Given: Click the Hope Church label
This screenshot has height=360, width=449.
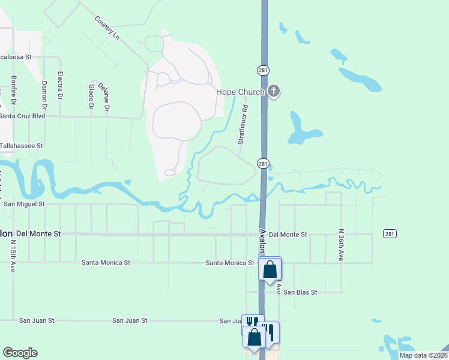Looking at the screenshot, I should pyautogui.click(x=240, y=92).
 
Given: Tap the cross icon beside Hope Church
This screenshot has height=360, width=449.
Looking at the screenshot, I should pyautogui.click(x=274, y=92).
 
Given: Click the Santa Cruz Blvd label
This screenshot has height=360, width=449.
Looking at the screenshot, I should pyautogui.click(x=22, y=116).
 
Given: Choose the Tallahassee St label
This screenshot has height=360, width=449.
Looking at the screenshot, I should pyautogui.click(x=22, y=146).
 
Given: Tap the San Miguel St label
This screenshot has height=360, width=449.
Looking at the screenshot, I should pyautogui.click(x=25, y=204).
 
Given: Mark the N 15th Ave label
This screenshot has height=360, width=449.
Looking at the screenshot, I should pyautogui.click(x=13, y=257).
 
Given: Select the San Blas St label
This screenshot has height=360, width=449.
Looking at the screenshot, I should pyautogui.click(x=300, y=292).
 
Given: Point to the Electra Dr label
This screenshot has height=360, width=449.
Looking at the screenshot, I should pyautogui.click(x=60, y=85).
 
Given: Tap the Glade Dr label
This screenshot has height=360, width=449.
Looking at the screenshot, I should pyautogui.click(x=92, y=97).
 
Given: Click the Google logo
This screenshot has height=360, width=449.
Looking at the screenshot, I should pyautogui.click(x=20, y=353).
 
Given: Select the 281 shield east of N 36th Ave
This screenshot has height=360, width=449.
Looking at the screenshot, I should pyautogui.click(x=389, y=233).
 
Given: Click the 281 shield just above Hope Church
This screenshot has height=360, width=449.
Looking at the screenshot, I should pyautogui.click(x=263, y=70).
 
